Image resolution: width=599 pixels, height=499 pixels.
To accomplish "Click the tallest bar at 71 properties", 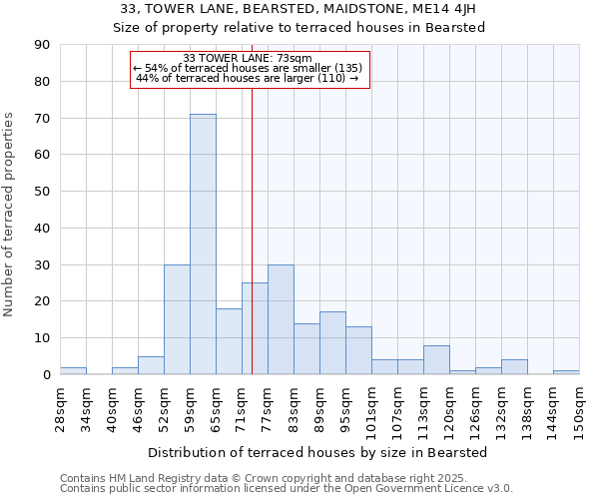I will (x=203, y=245).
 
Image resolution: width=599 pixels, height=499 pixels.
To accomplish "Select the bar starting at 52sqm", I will (x=177, y=319).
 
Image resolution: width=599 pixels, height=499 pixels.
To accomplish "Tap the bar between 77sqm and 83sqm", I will (x=281, y=319).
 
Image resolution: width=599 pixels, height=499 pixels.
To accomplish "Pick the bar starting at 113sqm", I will (x=436, y=360).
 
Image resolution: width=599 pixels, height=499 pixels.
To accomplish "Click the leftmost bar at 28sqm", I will (x=73, y=370).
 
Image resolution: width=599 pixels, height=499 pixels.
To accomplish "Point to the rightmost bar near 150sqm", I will (x=566, y=372).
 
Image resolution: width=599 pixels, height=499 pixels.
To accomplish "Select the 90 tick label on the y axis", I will (x=43, y=45).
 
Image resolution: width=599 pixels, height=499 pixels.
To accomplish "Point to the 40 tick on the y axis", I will (x=43, y=228).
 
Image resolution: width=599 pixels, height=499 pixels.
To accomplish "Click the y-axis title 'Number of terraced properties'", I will (x=9, y=215).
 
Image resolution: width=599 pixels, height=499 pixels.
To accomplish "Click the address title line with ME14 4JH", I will (x=299, y=9).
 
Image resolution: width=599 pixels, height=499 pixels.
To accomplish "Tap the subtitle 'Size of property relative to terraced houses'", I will (x=299, y=28).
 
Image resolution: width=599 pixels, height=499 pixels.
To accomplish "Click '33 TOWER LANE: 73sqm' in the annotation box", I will (x=248, y=58).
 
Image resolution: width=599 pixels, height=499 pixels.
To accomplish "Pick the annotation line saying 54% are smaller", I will (x=248, y=68).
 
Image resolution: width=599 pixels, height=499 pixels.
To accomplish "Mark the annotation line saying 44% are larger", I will (x=248, y=78).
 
